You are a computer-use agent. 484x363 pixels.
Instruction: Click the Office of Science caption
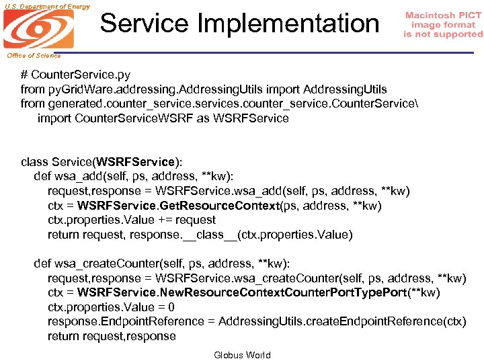click(x=34, y=56)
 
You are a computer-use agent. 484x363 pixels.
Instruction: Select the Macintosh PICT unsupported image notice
click(x=443, y=25)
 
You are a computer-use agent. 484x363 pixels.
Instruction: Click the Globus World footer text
click(x=242, y=355)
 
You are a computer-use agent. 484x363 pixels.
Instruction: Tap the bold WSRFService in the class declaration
click(x=135, y=162)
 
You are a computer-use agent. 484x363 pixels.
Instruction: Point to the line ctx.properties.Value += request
click(x=132, y=220)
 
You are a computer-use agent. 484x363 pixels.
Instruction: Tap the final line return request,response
click(x=112, y=336)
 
